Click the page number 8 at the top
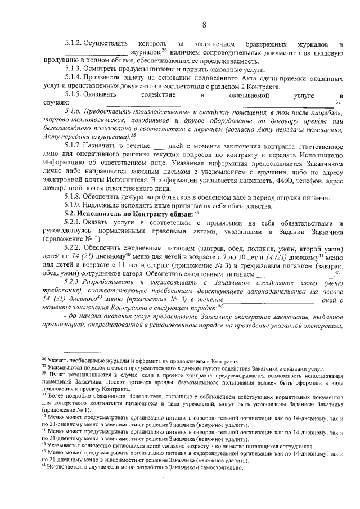[x=204, y=24]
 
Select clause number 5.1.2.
[x=75, y=43]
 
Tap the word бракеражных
[x=265, y=43]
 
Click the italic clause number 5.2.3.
[x=75, y=283]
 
